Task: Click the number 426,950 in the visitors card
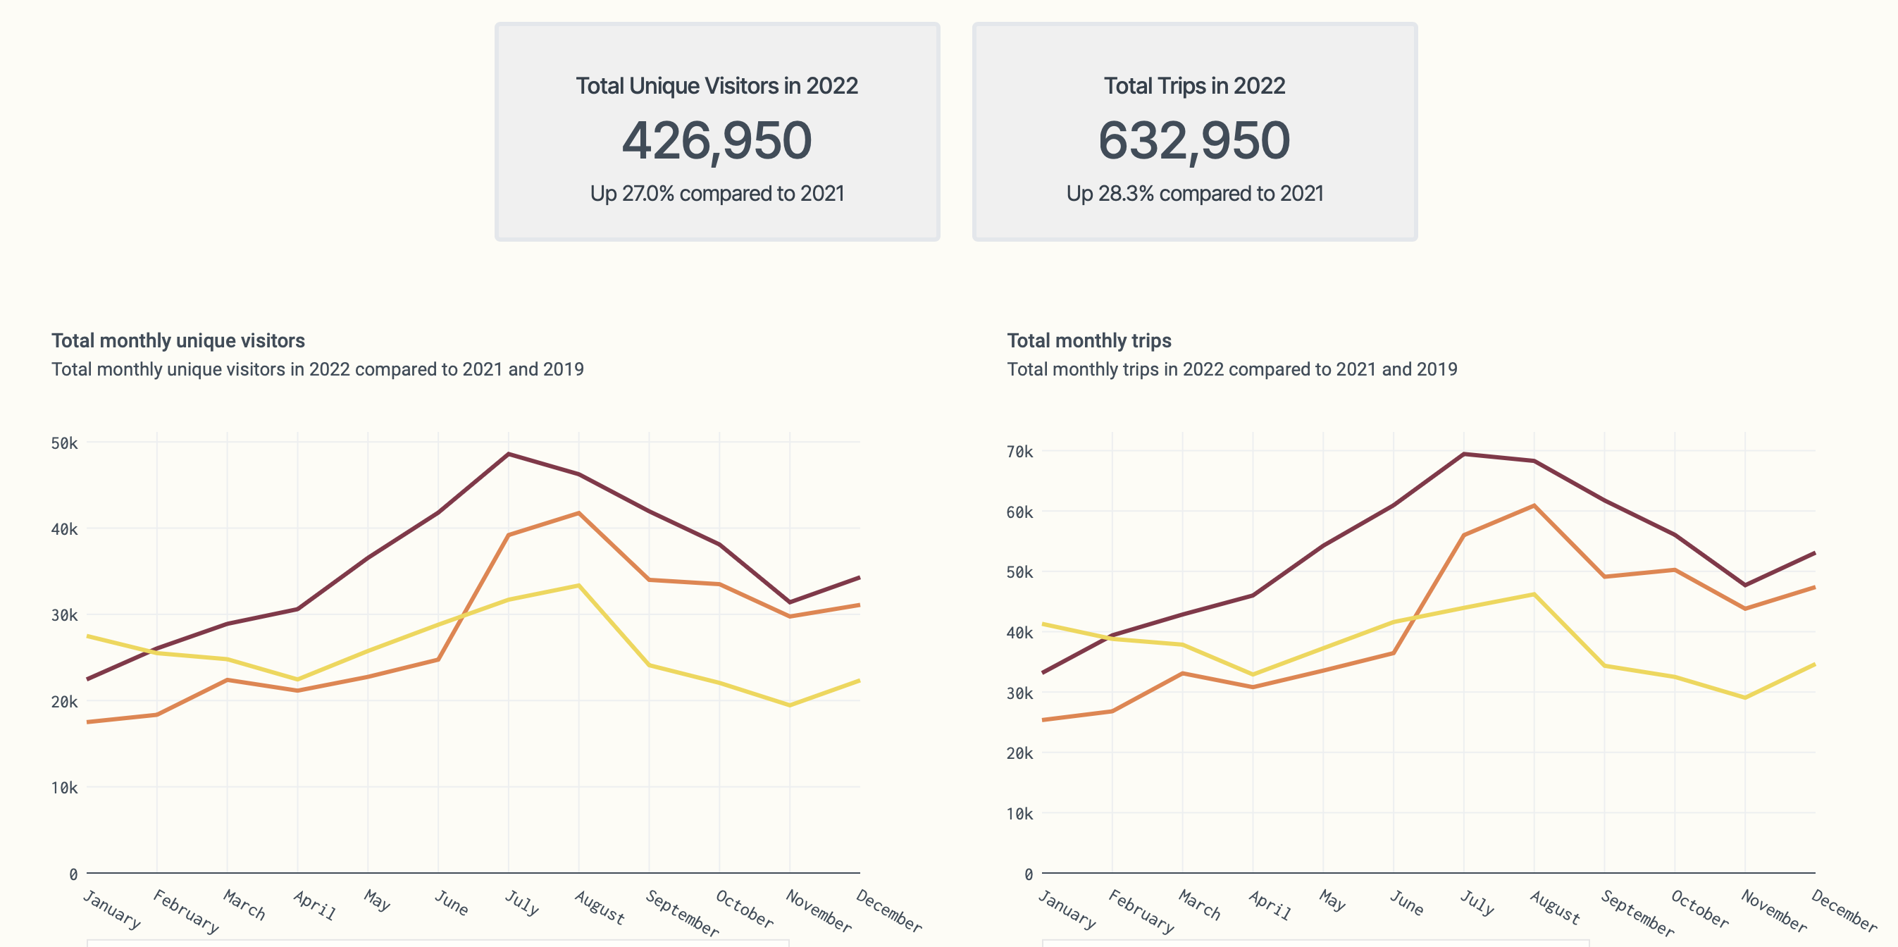click(717, 140)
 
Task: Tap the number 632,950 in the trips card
click(1193, 140)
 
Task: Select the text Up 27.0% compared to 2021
click(717, 193)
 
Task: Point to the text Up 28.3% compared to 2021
click(1194, 193)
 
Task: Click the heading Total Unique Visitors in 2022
click(717, 85)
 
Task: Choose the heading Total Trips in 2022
click(1193, 85)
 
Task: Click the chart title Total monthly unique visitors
click(178, 340)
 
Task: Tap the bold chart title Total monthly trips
click(1088, 340)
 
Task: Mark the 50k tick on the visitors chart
click(64, 443)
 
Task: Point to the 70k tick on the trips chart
click(1019, 451)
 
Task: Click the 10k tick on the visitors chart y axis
click(64, 788)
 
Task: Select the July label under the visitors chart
click(521, 902)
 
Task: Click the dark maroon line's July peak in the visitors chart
click(509, 454)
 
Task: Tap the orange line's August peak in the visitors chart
click(579, 513)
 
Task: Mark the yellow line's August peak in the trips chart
click(1534, 594)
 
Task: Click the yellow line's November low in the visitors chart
click(790, 705)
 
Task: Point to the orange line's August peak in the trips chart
click(1534, 505)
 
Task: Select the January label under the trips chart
click(1066, 909)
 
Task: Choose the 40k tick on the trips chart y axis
click(1019, 632)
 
